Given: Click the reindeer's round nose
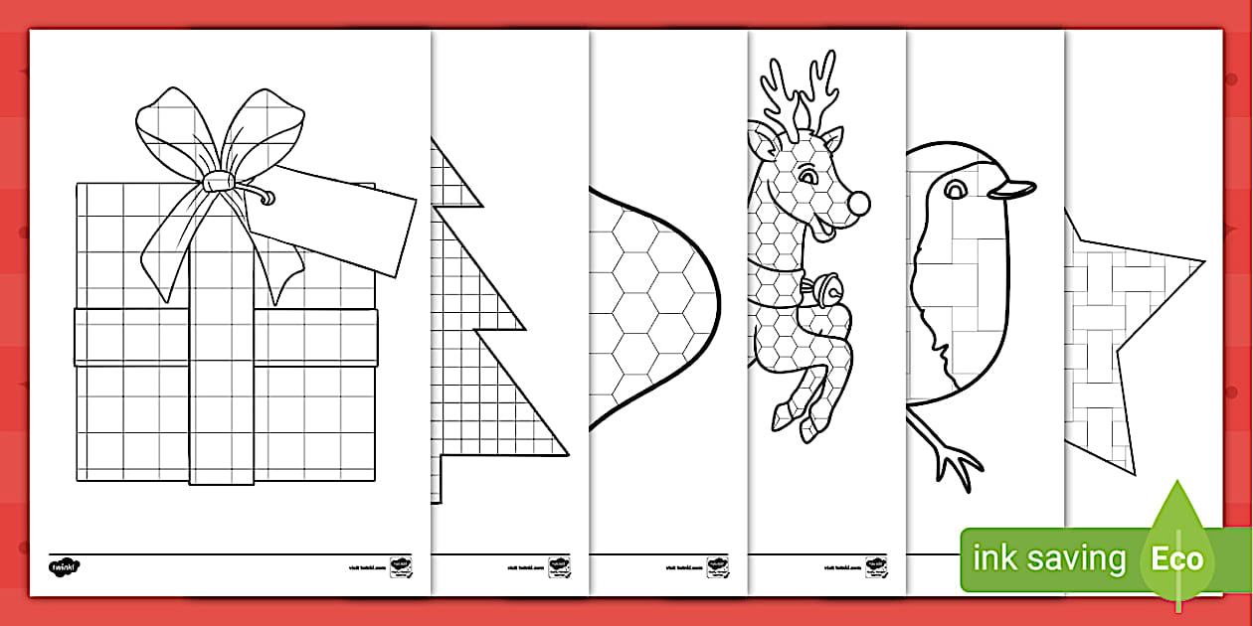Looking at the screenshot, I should coord(858,204).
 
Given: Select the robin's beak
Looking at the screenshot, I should coord(1014,191).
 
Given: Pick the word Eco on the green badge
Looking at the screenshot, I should coord(1177,558).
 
